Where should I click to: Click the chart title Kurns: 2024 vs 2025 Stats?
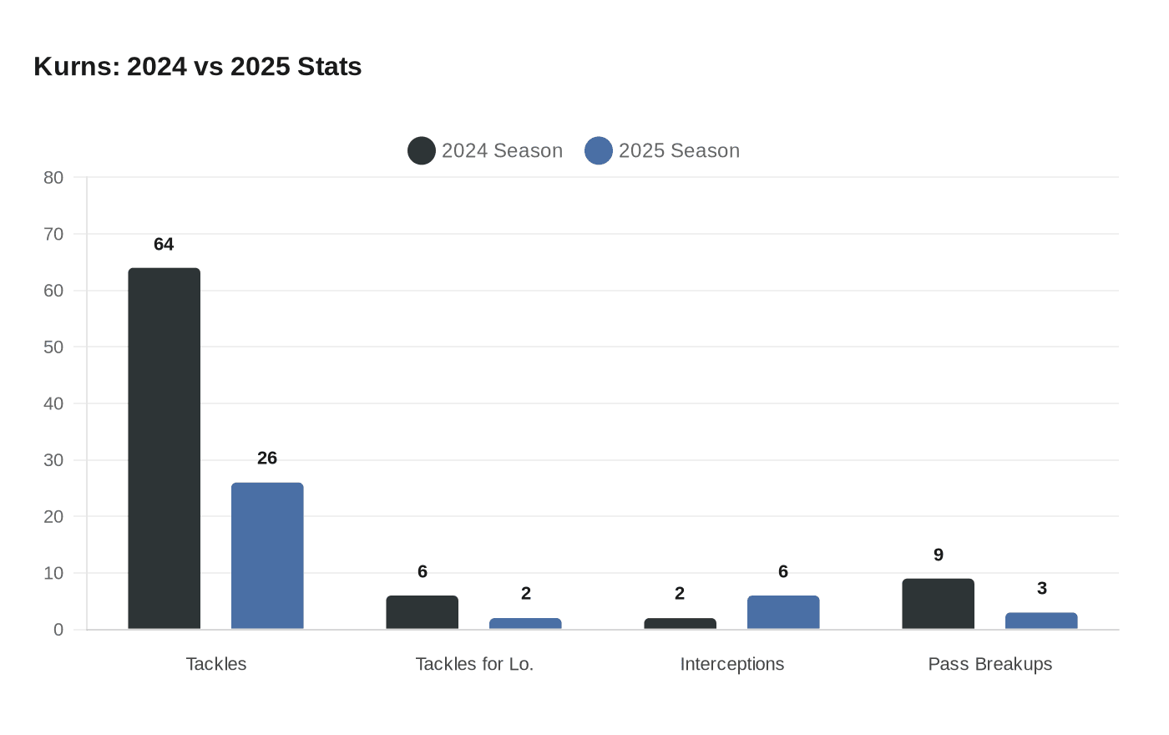pos(198,67)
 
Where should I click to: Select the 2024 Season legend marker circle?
pos(422,151)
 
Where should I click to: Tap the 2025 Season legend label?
pos(679,151)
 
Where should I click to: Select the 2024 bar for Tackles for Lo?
pos(423,612)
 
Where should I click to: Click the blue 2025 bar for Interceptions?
pos(783,612)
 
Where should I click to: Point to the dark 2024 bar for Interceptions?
pos(680,624)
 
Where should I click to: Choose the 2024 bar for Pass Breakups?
pos(938,604)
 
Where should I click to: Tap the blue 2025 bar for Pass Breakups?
pos(1041,621)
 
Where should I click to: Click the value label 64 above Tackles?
pos(164,245)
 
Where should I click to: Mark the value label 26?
pos(267,459)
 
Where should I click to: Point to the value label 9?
pos(939,555)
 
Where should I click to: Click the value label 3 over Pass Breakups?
pos(1042,589)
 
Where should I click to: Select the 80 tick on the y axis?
pos(53,178)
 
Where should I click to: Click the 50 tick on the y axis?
pos(53,347)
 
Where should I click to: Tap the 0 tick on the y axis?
pos(58,630)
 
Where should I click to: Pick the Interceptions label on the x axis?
pos(732,664)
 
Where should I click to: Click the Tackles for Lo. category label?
pos(474,664)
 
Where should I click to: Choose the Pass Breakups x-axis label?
pos(990,664)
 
